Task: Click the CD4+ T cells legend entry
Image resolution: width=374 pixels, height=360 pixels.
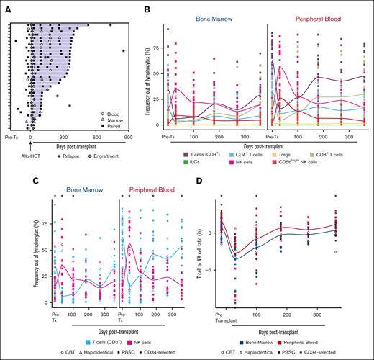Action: (x=241, y=153)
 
